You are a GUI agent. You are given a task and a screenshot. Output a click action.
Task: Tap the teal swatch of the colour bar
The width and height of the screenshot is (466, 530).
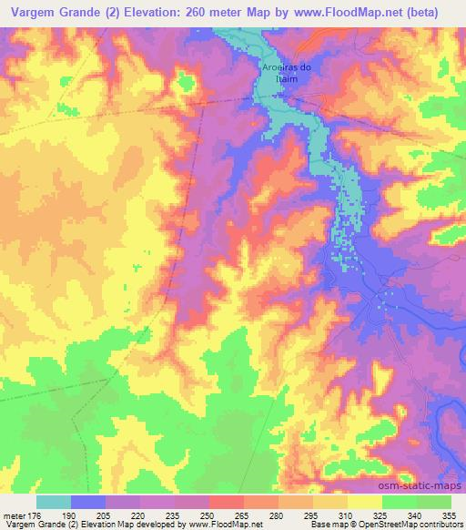click(x=54, y=502)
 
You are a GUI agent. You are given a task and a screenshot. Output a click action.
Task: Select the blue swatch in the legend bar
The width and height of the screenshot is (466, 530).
click(x=88, y=502)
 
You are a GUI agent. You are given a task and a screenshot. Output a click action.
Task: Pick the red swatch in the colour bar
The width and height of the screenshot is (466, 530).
click(x=227, y=502)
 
